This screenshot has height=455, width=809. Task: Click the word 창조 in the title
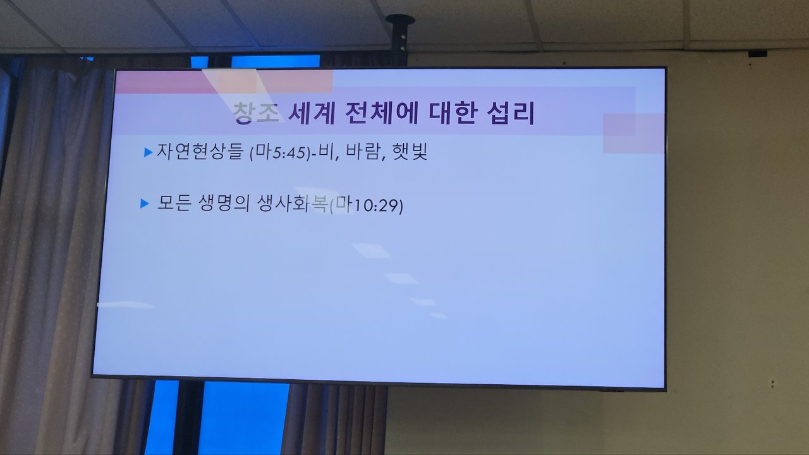256,113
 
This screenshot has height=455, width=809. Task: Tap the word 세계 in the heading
312,113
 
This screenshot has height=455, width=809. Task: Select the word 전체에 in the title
381,113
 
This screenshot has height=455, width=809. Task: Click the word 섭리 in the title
511,113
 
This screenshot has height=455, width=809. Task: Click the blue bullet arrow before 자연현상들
148,152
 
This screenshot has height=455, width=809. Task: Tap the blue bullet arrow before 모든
145,203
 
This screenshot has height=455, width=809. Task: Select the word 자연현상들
199,151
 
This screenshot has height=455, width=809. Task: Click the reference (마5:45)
280,152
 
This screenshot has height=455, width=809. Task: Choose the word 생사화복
291,203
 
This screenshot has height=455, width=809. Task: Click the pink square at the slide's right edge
633,133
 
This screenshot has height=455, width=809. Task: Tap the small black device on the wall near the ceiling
757,54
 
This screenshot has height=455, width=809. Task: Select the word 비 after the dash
325,152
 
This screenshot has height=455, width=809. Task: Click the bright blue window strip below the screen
244,418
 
